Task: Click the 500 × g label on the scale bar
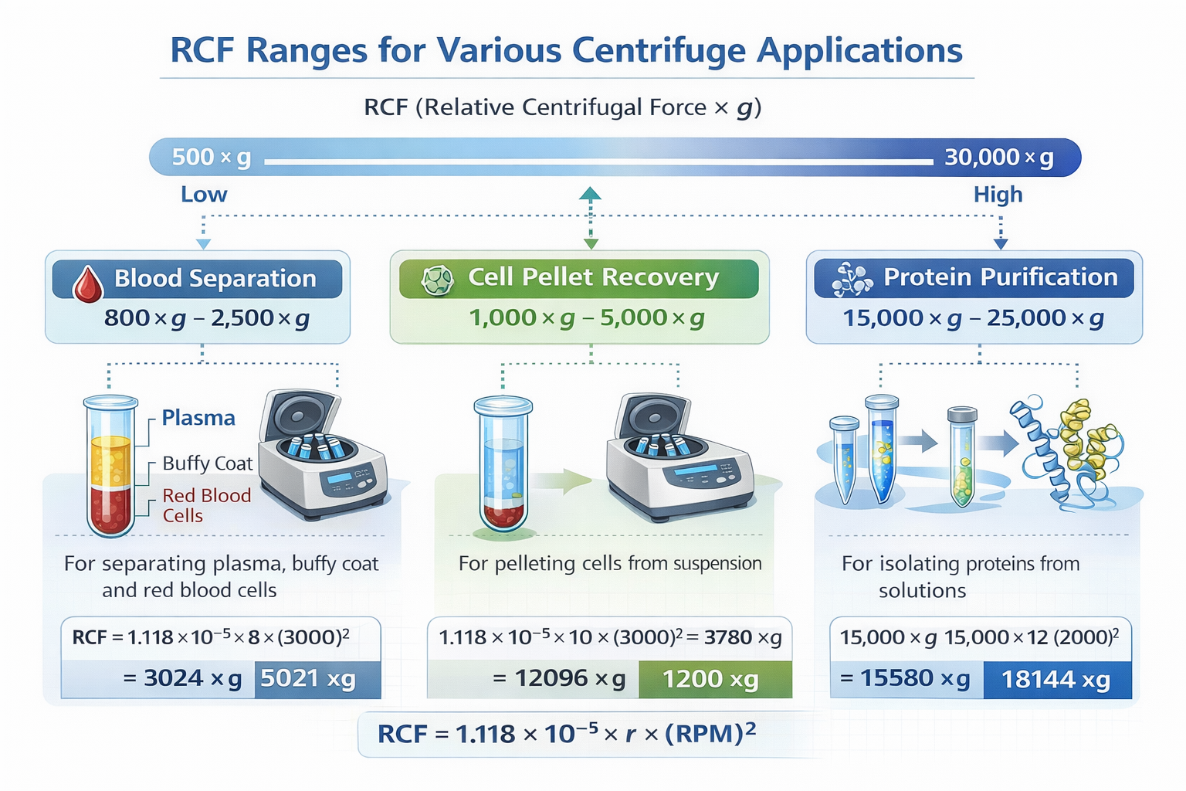(x=211, y=158)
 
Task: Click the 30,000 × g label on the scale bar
(x=998, y=158)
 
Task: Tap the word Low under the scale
(x=204, y=195)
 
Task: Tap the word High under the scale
(x=998, y=195)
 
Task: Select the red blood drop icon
(x=87, y=283)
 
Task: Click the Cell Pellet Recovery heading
(x=593, y=277)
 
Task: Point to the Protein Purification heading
(x=1000, y=277)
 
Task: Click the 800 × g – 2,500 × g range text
(x=207, y=318)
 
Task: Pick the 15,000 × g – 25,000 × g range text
(x=973, y=318)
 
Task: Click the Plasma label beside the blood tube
(x=198, y=418)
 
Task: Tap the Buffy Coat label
(x=207, y=463)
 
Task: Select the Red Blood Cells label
(x=205, y=505)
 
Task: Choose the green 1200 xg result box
(x=711, y=680)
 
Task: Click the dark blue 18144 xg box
(x=1056, y=680)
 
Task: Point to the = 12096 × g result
(x=559, y=678)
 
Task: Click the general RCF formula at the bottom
(x=566, y=734)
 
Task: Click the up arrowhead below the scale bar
(x=590, y=193)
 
